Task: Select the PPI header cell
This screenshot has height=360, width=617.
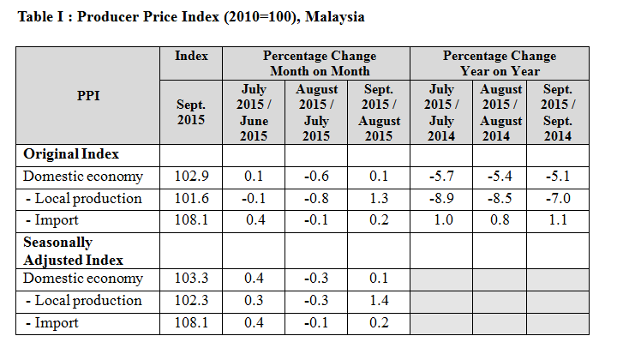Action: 88,95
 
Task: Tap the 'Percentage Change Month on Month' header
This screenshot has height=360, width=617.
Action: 315,63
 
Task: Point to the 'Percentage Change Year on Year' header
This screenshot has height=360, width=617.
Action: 500,63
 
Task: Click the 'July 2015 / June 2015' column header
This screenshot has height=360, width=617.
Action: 253,112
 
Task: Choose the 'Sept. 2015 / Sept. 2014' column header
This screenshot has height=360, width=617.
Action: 558,112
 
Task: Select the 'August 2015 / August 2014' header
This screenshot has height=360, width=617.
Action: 501,112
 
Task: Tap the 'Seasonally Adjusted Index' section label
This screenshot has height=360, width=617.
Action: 73,251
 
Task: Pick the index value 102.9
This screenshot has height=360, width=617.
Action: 191,177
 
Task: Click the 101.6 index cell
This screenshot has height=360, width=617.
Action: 191,199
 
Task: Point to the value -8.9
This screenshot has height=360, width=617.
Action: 440,199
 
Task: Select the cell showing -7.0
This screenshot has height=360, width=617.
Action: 558,199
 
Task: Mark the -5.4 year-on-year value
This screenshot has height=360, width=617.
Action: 501,177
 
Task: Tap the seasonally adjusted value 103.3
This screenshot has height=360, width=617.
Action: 191,279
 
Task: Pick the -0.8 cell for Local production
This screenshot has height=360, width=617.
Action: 315,199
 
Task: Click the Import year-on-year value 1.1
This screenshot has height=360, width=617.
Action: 558,220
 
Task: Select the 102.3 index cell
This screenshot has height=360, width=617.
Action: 191,301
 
